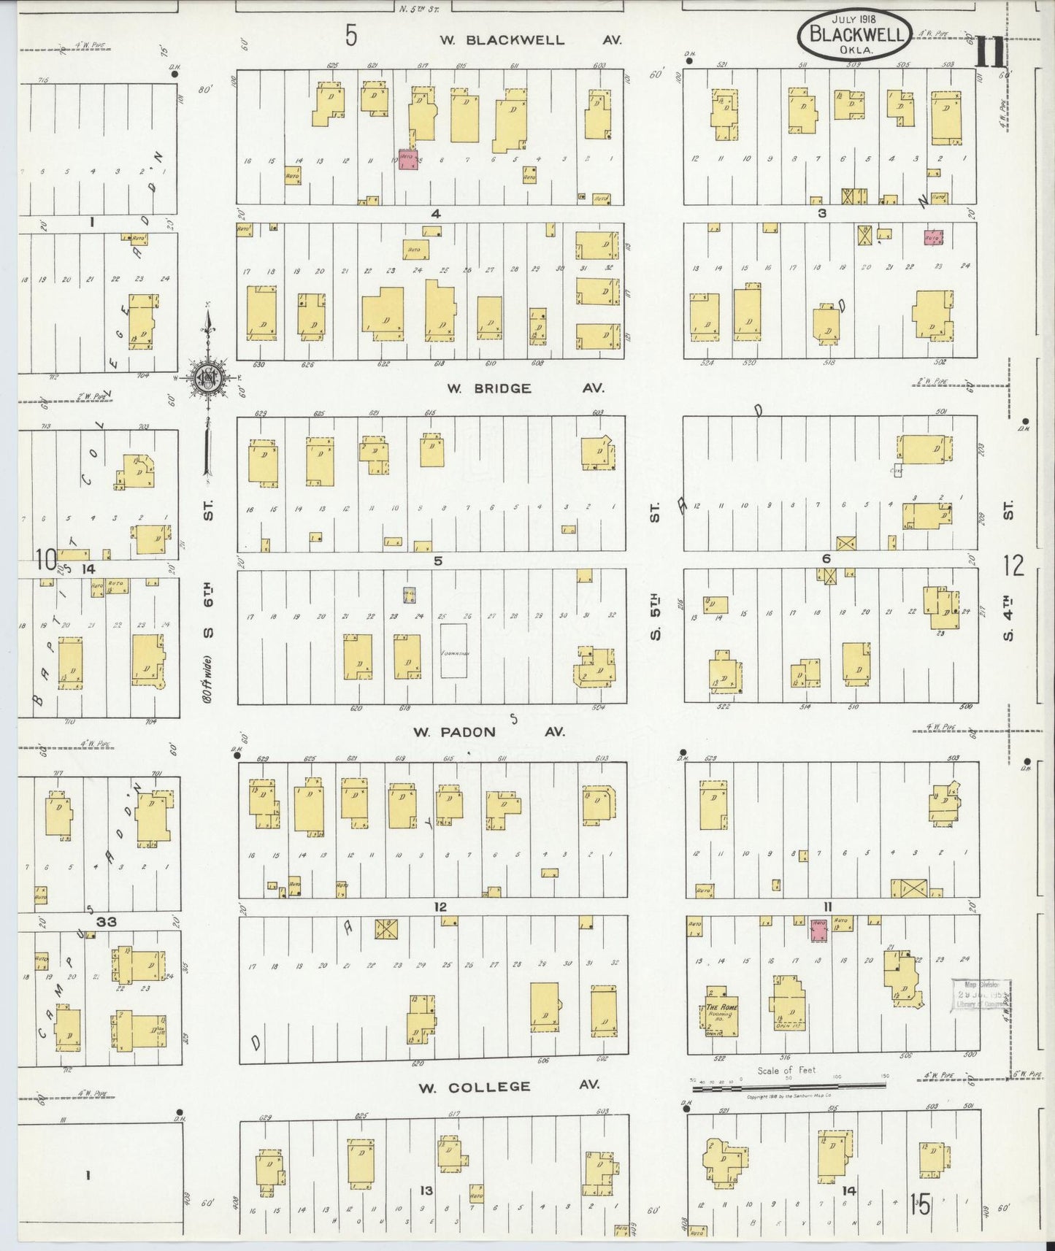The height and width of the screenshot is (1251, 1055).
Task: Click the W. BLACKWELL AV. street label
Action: (531, 39)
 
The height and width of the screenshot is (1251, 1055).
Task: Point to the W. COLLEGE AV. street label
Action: (509, 1087)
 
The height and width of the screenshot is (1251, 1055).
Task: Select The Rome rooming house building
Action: (721, 1010)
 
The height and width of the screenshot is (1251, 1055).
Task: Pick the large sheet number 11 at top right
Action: (990, 53)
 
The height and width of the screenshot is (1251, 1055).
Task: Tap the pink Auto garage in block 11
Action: (818, 930)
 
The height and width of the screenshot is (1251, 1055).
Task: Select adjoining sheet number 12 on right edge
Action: (1013, 565)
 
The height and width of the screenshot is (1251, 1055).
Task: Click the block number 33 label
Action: (107, 922)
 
